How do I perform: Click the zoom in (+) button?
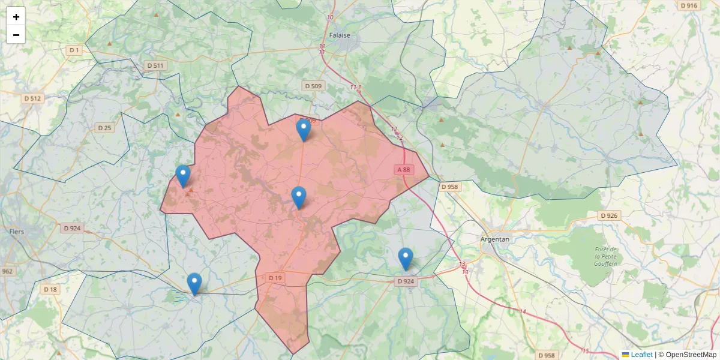tap(16, 17)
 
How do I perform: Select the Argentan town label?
tap(495, 239)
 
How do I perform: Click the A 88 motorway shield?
tap(404, 170)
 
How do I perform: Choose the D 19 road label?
tap(275, 278)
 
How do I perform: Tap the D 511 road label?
tap(155, 65)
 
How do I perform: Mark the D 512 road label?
tap(32, 98)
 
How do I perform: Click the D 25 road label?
tap(104, 128)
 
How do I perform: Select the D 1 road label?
tap(74, 50)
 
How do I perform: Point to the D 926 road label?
tap(609, 215)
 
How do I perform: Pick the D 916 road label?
tap(689, 5)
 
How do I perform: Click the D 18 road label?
tap(50, 289)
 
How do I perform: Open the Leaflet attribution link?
tap(641, 355)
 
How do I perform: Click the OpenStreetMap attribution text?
tap(691, 355)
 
